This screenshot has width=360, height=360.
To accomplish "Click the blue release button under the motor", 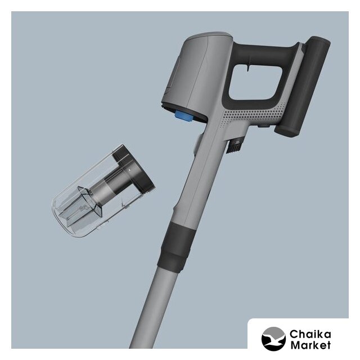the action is coord(184,116).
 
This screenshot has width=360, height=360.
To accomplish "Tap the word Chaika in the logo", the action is coord(310,334).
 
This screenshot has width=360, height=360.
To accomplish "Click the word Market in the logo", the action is coord(310,345).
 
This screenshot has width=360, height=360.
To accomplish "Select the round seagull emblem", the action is coord(273,339).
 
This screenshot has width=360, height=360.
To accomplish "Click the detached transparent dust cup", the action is coord(103,191).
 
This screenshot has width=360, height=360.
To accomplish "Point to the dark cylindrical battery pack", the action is coord(303,87).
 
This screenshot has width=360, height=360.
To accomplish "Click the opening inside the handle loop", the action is coord(255,82).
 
